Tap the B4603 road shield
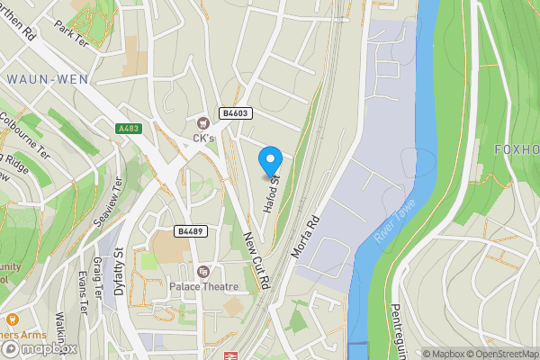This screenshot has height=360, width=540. tap(237, 113)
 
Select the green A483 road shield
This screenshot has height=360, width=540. tap(129, 129)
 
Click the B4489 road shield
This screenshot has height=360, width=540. tap(191, 231)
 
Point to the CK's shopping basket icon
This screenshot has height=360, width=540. tap(202, 121)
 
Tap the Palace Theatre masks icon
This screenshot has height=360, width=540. tap(202, 271)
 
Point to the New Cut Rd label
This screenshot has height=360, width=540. tap(256, 258)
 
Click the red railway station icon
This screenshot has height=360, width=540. tap(229, 355)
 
